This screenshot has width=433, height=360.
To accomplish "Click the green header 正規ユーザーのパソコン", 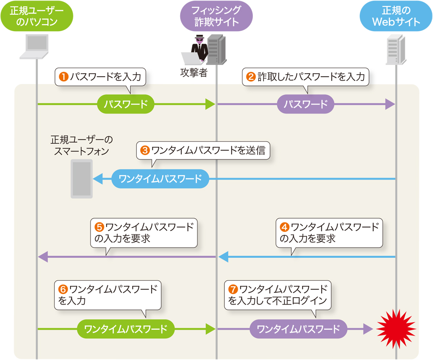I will [x=36, y=16].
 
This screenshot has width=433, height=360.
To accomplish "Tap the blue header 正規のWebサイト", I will [x=396, y=16].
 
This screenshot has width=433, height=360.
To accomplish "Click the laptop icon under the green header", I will [x=36, y=47].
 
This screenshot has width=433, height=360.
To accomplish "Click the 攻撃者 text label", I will [x=194, y=73].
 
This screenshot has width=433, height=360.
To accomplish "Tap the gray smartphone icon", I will [x=81, y=178].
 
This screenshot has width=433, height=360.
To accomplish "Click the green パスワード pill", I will [x=126, y=104].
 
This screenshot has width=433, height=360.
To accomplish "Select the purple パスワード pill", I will [x=306, y=104].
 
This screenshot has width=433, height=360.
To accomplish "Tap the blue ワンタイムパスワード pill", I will [x=160, y=179].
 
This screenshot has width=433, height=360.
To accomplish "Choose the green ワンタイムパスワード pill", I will [x=126, y=329].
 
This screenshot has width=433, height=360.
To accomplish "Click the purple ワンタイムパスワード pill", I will [x=299, y=329].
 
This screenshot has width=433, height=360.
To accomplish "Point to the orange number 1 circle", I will [x=64, y=77].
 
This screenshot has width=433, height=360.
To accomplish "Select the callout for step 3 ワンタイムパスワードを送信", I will [x=204, y=150].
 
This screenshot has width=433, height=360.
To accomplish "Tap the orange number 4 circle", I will [x=284, y=227].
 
